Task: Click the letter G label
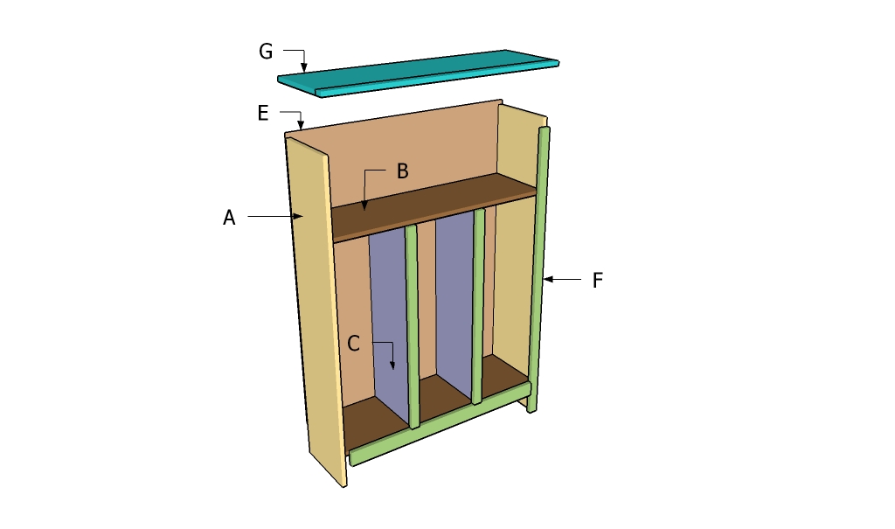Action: (x=266, y=52)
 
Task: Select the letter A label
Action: (x=229, y=218)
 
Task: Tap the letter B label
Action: (x=402, y=171)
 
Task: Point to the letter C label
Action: (x=353, y=344)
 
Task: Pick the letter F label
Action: (x=598, y=281)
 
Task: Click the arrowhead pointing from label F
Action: (x=547, y=280)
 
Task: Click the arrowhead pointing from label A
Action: (x=298, y=215)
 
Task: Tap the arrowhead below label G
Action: (x=304, y=67)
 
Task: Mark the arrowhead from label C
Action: (x=392, y=365)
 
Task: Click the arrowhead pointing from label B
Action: (x=364, y=207)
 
